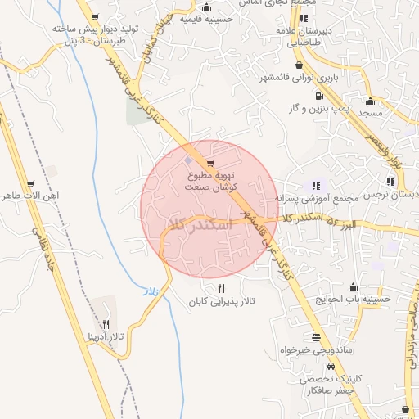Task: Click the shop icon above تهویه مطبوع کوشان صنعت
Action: point(211,164)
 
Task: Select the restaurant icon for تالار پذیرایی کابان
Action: point(221,289)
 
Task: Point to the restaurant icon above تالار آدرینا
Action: point(106,325)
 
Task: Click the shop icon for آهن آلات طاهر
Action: point(31,184)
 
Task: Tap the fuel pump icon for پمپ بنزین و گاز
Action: point(318,97)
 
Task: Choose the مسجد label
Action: point(371,114)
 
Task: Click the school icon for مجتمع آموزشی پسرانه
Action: point(318,185)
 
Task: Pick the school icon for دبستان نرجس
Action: point(390,182)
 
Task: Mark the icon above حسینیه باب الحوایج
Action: point(353,287)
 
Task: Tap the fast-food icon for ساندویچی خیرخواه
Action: point(316,337)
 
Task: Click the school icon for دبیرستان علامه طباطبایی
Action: point(304,18)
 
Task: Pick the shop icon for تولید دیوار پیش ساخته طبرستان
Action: point(96,17)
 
